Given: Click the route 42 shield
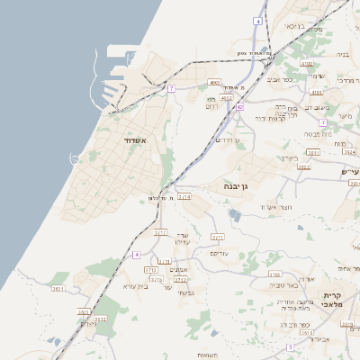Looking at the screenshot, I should tap(239, 107).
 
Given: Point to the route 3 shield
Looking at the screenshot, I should tap(290, 346).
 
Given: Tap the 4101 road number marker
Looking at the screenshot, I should tap(316, 92).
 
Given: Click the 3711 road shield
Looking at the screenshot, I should tap(218, 237).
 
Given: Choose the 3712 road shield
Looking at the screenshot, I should tap(161, 232).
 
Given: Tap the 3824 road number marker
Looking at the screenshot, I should tap(349, 152).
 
